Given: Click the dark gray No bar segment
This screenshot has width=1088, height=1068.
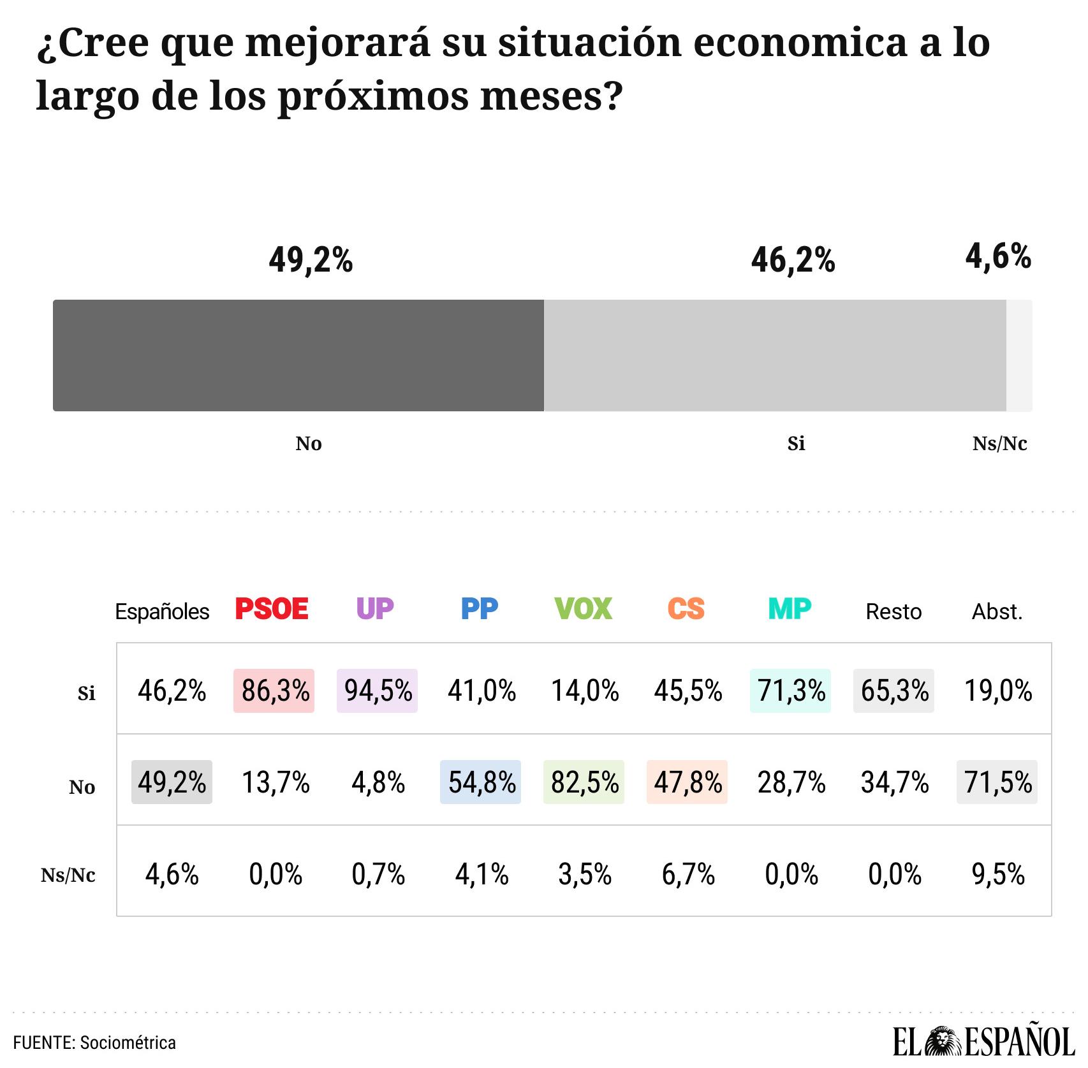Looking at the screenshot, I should coord(298,355).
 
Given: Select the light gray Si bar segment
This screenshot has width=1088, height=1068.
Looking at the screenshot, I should coord(774,355).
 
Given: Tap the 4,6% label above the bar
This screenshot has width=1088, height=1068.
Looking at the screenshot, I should coord(997,257).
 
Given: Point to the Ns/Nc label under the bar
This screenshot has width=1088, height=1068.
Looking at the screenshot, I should coord(999,444).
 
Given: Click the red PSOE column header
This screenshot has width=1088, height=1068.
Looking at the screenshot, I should coord(272,609).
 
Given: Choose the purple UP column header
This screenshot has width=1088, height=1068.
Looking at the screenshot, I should coord(375,609).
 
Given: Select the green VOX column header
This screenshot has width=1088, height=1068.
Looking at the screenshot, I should coord(583,609).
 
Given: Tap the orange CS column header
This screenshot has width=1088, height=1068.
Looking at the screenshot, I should coord(686,609).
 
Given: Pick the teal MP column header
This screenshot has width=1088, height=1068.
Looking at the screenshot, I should coord(790,609).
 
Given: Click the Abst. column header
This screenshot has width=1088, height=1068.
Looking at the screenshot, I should coord(997,612).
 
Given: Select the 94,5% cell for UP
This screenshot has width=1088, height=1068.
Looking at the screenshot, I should coord(378,691).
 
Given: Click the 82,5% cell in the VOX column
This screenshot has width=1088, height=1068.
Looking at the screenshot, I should coord(584,782).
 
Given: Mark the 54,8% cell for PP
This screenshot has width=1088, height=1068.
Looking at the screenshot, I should coord(481,782).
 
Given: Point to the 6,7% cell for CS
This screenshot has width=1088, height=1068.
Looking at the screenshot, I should coord(687,874).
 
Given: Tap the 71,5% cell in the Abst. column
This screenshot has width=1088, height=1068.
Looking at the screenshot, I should coord(997,782).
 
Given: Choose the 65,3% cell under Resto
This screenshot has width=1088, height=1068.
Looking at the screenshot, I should coord(894,691).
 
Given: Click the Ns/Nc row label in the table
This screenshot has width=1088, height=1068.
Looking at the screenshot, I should coord(68,875).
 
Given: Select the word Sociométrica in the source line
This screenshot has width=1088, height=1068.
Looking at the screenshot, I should coord(129,1042).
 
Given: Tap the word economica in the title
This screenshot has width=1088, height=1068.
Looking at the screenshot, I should coord(800,43).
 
